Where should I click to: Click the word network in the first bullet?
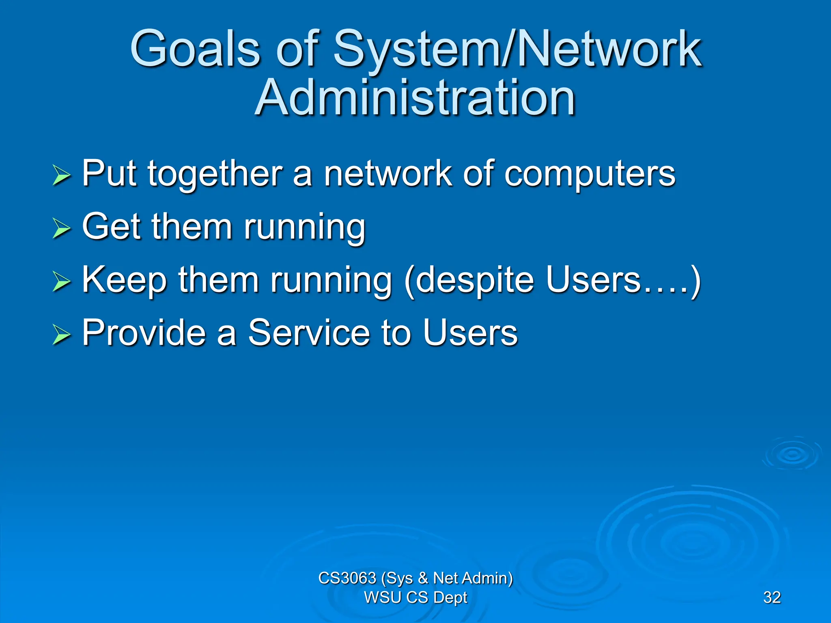pos(388,174)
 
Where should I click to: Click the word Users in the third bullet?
pos(593,279)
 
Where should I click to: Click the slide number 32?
pos(772,597)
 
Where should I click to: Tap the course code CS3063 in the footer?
pos(347,578)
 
